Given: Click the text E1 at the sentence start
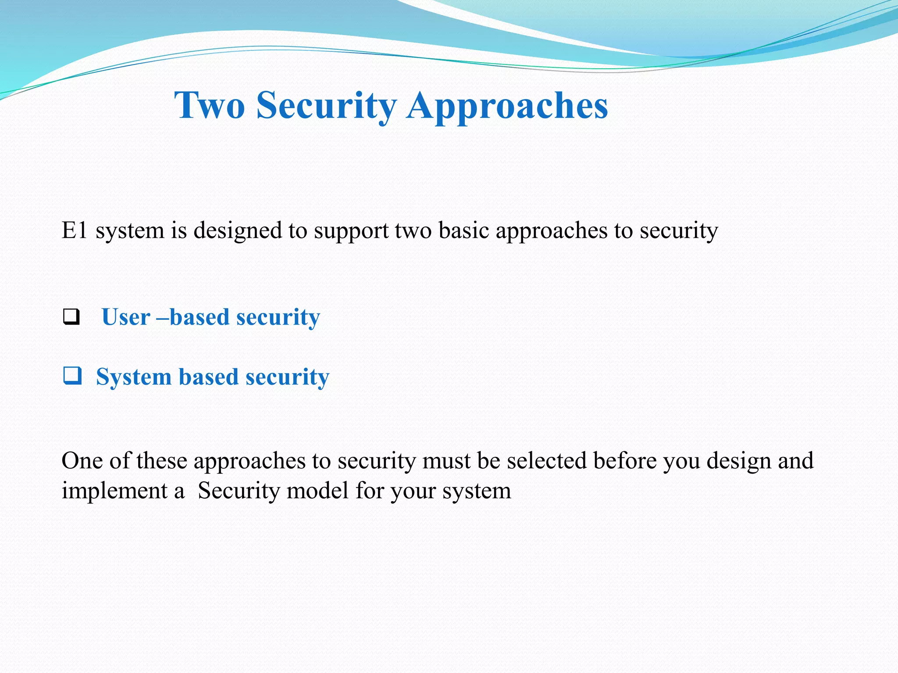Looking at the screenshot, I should pyautogui.click(x=75, y=230).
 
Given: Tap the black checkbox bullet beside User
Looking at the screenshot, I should pyautogui.click(x=71, y=317).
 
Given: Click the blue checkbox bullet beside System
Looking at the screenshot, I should pyautogui.click(x=72, y=376).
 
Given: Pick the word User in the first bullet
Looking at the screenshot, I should pyautogui.click(x=126, y=317).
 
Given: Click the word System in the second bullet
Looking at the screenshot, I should pyautogui.click(x=134, y=377).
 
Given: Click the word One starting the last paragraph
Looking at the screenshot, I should pyautogui.click(x=82, y=460).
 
